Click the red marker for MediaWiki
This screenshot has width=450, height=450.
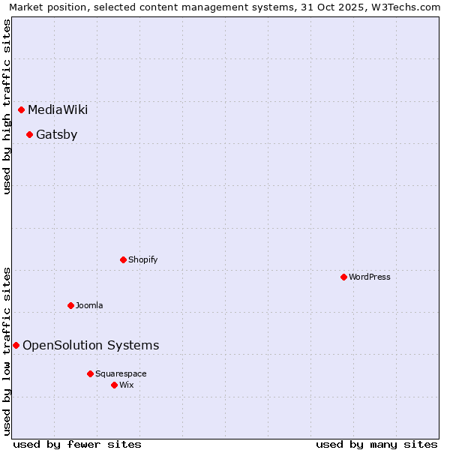[x=22, y=110]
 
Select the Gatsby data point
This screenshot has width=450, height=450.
[x=30, y=135]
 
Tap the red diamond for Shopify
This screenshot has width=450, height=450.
[x=124, y=260]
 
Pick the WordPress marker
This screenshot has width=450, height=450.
[x=344, y=277]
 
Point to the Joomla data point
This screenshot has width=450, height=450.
[x=71, y=306]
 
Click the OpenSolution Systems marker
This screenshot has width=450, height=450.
[x=16, y=346]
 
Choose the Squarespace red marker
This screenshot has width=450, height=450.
[x=91, y=374]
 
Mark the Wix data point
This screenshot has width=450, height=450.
[x=115, y=385]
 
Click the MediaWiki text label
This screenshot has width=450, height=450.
[x=58, y=110]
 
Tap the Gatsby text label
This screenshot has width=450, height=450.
[x=56, y=135]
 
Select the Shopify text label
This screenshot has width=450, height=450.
[x=142, y=260]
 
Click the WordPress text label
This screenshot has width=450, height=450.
[x=370, y=277]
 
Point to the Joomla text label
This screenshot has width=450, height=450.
[x=89, y=306]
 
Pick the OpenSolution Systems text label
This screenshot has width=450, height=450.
[x=91, y=346]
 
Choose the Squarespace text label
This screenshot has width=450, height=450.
[x=121, y=374]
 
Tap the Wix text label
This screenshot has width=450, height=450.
[x=127, y=385]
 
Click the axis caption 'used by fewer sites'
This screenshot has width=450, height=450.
[x=77, y=445]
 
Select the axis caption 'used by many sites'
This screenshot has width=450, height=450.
[x=376, y=445]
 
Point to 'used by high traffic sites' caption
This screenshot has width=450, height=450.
[x=7, y=106]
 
